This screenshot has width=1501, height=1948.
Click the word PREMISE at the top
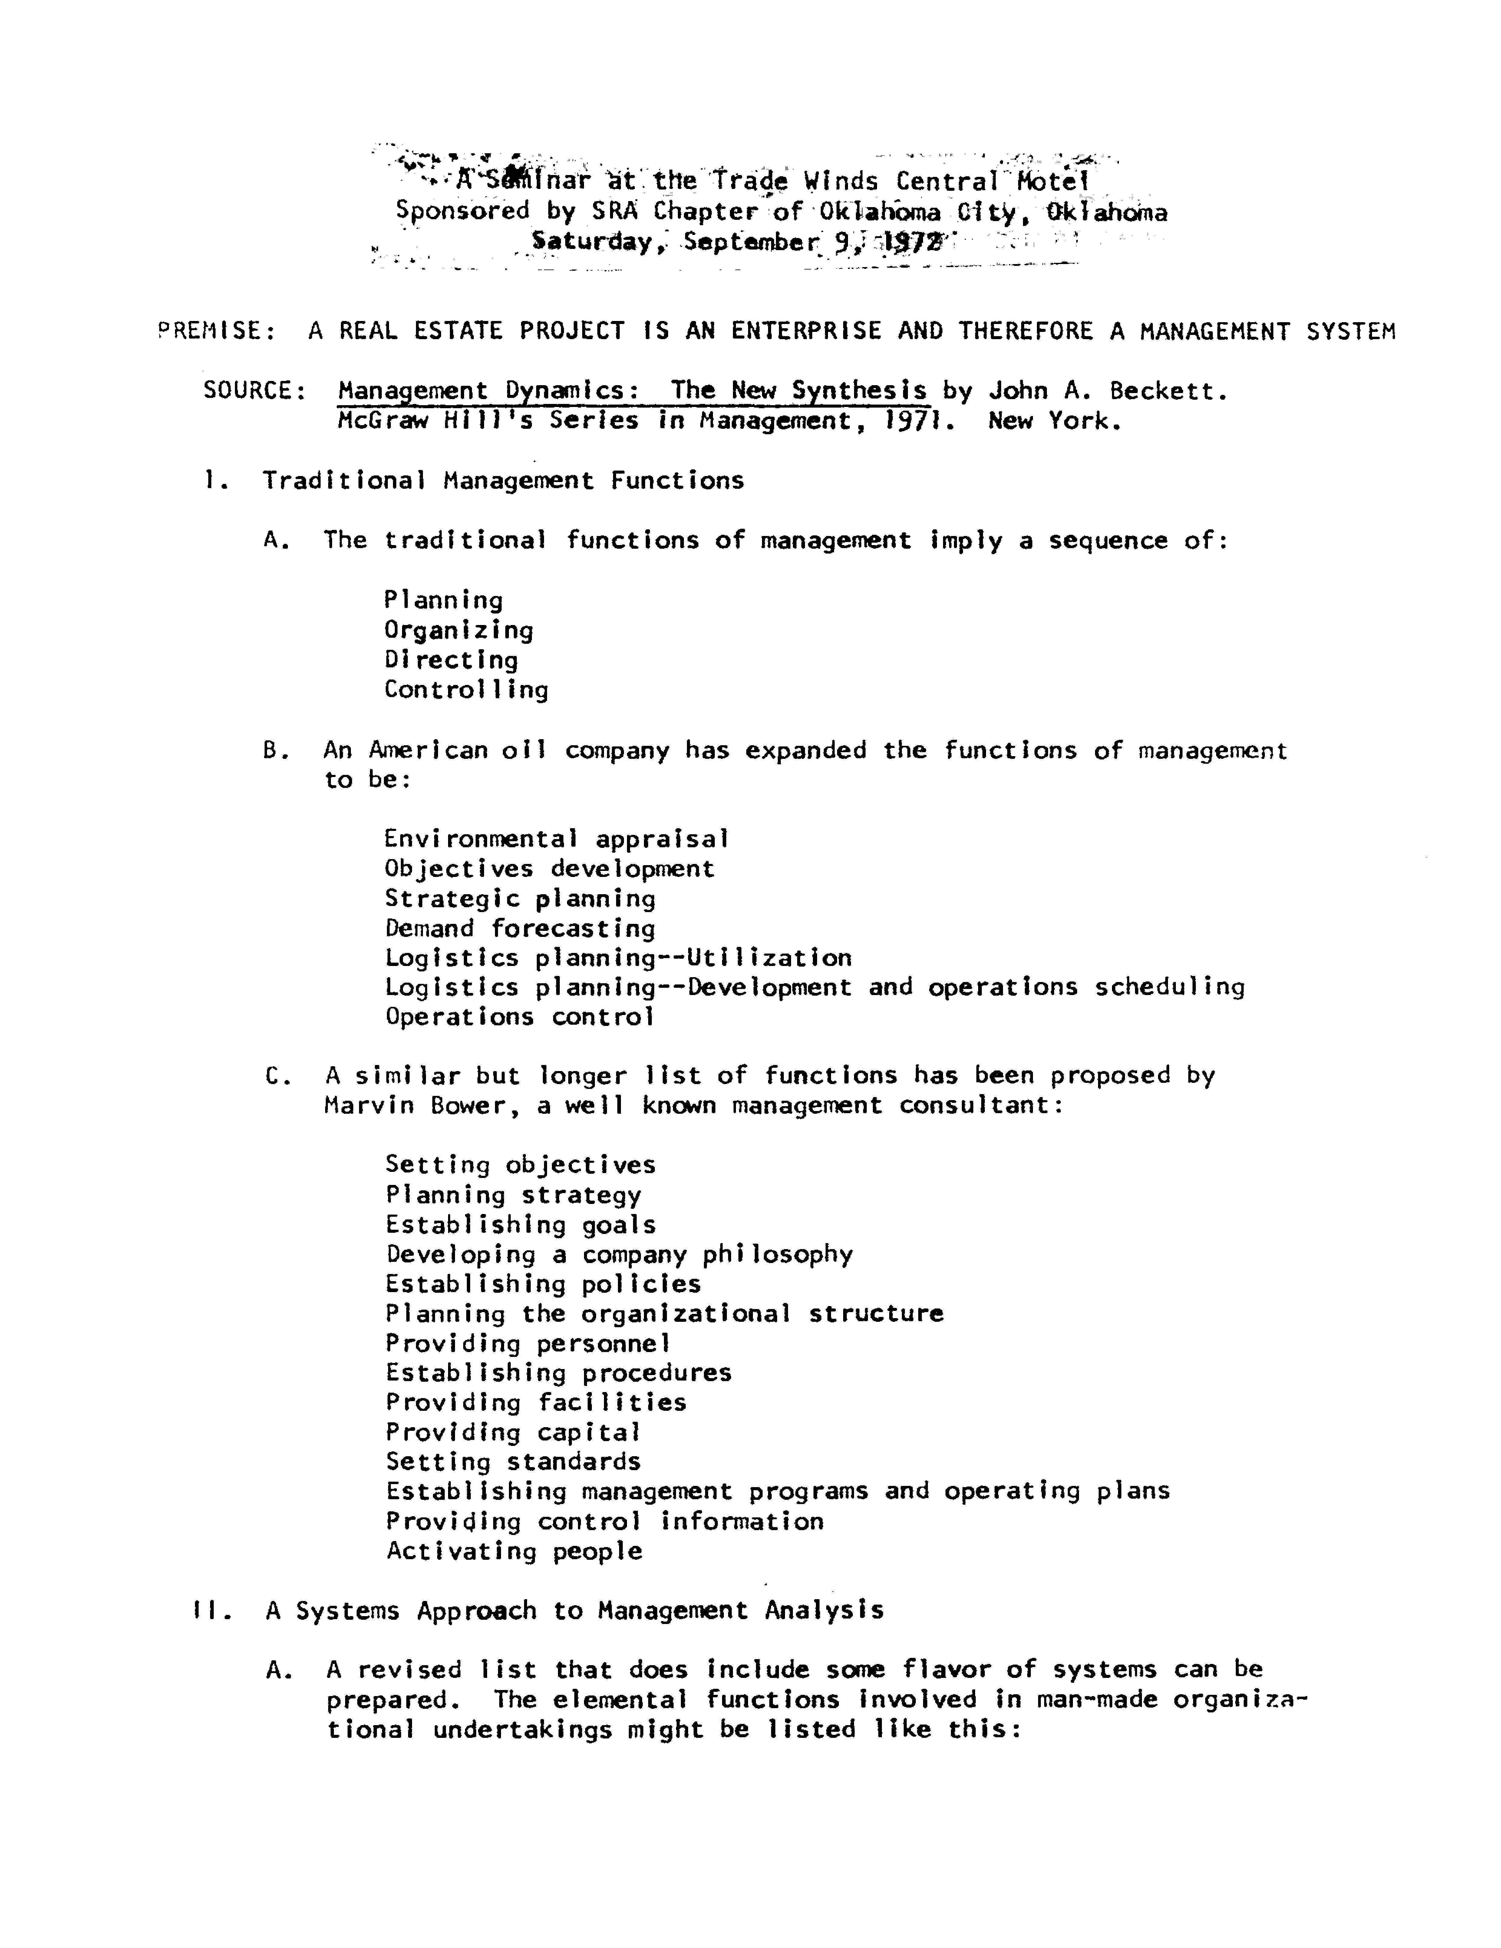tap(210, 331)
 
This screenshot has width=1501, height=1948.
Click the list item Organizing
tap(458, 630)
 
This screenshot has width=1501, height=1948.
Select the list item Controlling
tap(466, 690)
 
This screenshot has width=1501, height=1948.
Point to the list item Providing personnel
tap(527, 1343)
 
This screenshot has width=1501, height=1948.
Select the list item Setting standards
tap(513, 1462)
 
